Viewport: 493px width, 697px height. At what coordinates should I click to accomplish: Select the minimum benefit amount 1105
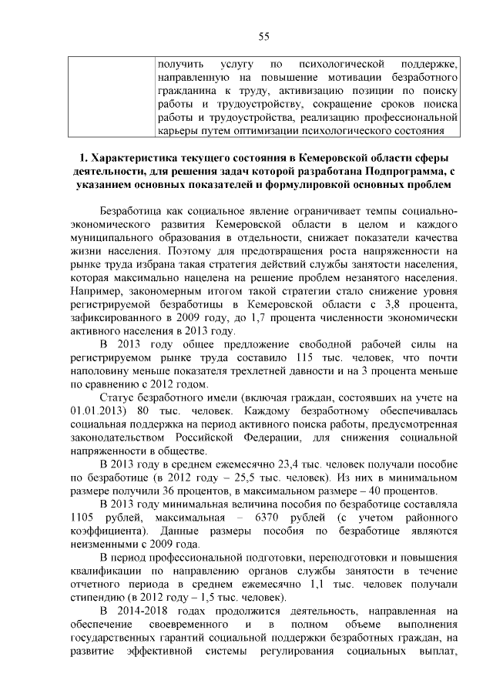[x=85, y=518]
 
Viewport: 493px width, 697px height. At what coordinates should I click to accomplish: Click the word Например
[x=98, y=293]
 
